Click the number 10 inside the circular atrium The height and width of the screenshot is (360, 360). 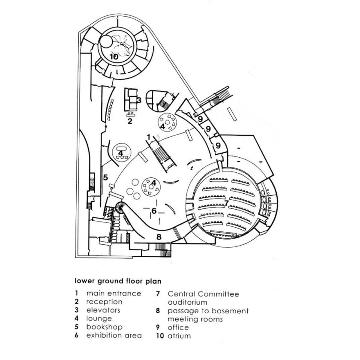[x=114, y=57]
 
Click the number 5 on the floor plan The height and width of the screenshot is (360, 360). [x=105, y=177]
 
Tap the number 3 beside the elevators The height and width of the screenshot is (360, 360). [x=139, y=100]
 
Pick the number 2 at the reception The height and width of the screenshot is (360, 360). [x=129, y=121]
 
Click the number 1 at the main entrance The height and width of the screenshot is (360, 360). [x=148, y=136]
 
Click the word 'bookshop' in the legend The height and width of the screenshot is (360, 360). [x=104, y=327]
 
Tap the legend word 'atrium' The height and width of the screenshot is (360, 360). [x=179, y=336]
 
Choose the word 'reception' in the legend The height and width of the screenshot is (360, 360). [x=104, y=302]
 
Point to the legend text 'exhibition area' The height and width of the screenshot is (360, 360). [x=114, y=336]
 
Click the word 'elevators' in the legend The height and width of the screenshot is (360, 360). [x=103, y=310]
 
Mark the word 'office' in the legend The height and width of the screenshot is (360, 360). [x=178, y=327]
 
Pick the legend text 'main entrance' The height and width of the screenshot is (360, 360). [x=114, y=294]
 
